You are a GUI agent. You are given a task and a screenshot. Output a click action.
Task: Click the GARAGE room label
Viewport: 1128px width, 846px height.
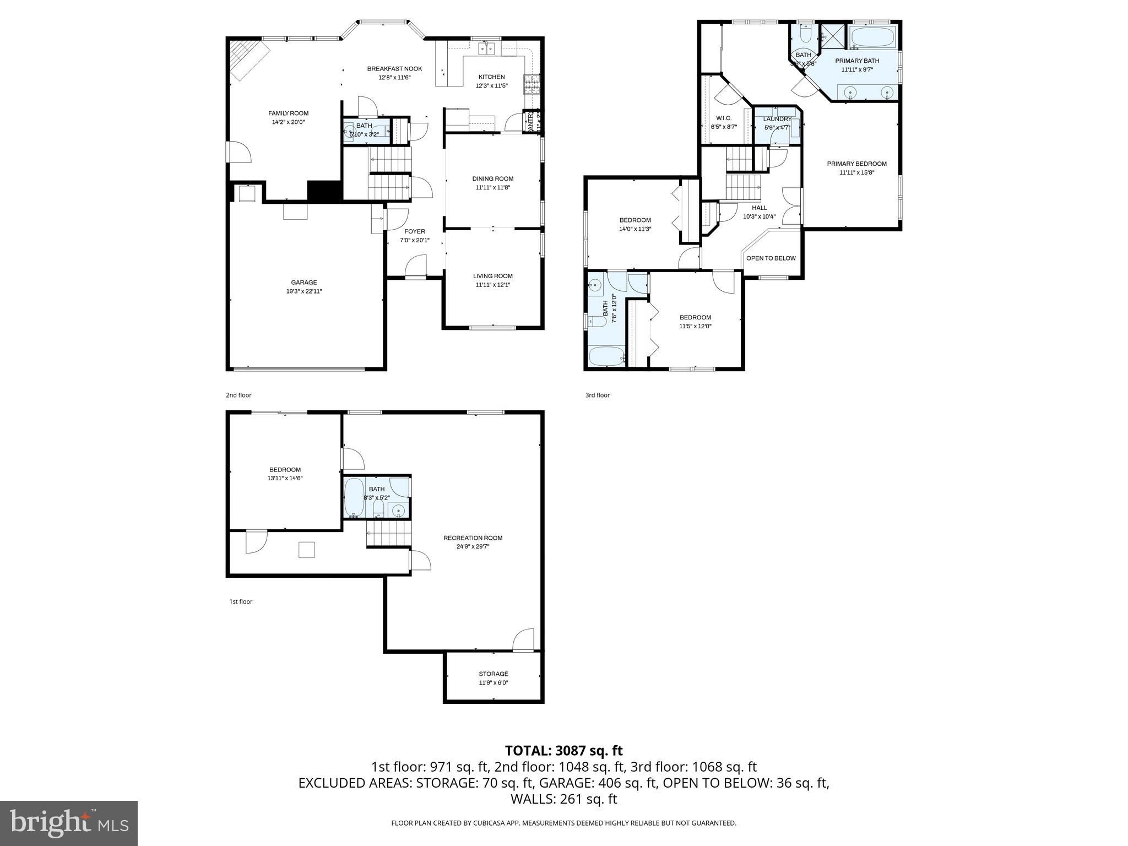point(304,283)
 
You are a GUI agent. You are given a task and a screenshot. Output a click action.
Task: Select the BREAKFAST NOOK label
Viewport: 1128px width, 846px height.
point(394,69)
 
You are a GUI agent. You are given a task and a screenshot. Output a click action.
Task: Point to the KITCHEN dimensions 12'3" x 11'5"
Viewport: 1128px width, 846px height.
point(491,86)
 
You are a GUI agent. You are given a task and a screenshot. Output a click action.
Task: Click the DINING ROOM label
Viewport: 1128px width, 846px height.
point(492,178)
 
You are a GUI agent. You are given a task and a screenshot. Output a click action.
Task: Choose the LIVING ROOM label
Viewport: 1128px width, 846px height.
point(492,276)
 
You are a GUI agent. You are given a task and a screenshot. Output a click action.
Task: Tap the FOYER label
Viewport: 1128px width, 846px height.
point(414,231)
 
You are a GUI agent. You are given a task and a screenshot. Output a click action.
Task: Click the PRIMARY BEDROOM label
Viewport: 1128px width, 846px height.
point(856,164)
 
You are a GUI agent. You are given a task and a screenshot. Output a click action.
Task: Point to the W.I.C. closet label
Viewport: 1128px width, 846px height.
point(723,118)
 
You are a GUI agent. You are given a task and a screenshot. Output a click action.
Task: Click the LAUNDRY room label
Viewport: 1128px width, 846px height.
point(777,119)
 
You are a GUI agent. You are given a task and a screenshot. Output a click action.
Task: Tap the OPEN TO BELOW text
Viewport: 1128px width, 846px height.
point(771,258)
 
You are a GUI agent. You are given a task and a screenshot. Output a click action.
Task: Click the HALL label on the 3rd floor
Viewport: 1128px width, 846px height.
point(759,208)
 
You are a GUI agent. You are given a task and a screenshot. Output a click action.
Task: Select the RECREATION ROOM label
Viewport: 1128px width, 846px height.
point(473,538)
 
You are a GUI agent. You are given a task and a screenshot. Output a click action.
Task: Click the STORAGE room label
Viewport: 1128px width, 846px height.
point(493,674)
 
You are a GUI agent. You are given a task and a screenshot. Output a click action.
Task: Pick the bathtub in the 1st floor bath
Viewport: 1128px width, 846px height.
point(354,497)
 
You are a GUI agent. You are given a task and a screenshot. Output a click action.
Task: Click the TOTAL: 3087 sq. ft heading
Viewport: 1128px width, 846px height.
point(563,750)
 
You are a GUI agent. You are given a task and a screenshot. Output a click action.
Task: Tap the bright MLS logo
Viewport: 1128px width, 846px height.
point(68,823)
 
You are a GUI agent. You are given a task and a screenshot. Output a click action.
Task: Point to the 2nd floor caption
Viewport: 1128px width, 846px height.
point(238,395)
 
